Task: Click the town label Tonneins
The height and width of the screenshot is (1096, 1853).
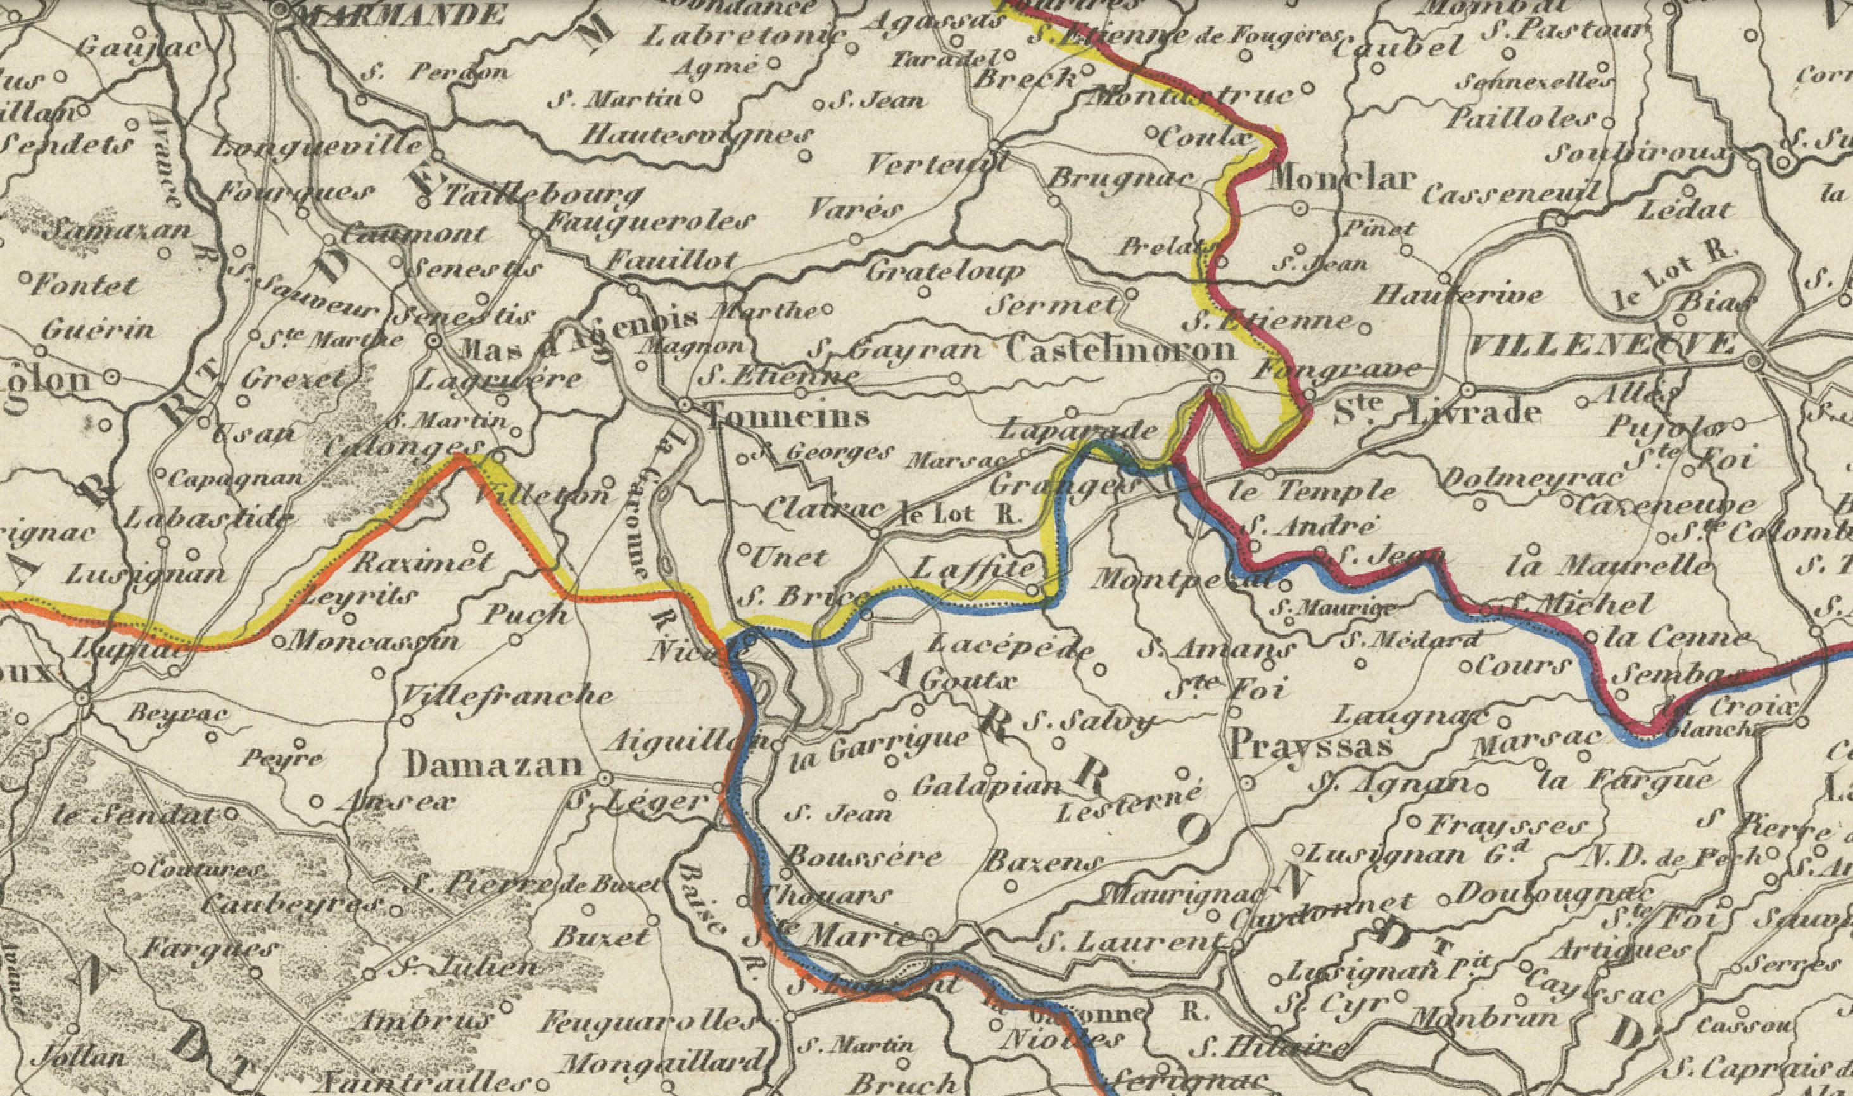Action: (x=788, y=418)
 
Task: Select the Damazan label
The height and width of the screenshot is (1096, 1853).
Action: (x=495, y=765)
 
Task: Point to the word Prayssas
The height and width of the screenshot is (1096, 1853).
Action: (x=1310, y=745)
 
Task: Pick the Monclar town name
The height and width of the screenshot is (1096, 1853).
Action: (x=1341, y=179)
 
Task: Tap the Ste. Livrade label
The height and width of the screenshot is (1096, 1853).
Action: (x=1438, y=411)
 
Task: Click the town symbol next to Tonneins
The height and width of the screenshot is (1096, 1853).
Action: (x=685, y=405)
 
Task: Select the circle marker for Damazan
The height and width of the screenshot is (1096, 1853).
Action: (x=605, y=779)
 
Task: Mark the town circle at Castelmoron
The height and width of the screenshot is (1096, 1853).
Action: (x=1215, y=378)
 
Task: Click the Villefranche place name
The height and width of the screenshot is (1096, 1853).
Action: (x=507, y=696)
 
